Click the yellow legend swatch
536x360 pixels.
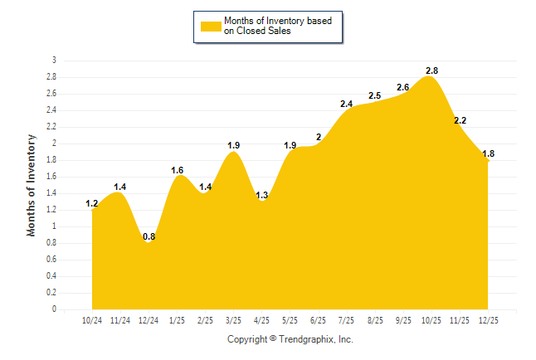[x=211, y=26]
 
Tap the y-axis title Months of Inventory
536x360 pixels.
[x=32, y=185]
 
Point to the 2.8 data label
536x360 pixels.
[x=431, y=71]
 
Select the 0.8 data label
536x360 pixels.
[x=149, y=237]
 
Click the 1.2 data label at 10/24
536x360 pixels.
[x=92, y=204]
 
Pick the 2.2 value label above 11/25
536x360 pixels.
[x=460, y=121]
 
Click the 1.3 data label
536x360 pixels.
[x=262, y=196]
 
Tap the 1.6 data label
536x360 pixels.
[x=178, y=171]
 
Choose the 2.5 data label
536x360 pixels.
[x=374, y=96]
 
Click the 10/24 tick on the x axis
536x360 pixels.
[x=92, y=321]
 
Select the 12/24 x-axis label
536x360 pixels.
[x=149, y=321]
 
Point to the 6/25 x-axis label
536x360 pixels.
[x=318, y=321]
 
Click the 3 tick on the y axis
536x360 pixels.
[x=55, y=61]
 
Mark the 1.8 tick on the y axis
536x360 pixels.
[x=52, y=160]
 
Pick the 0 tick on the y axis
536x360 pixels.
[x=55, y=309]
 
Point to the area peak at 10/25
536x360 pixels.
[x=431, y=77]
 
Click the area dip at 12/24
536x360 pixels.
[x=149, y=243]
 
